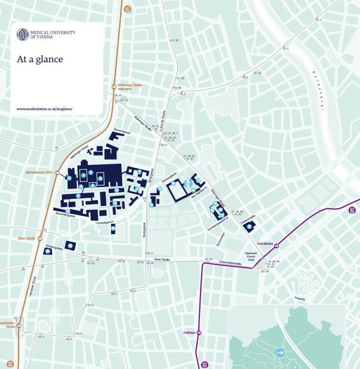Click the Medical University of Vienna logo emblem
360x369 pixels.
(23, 34)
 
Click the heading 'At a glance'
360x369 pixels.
(40, 59)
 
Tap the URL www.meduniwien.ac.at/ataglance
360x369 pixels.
(45, 109)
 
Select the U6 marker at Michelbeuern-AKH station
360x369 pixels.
(57, 173)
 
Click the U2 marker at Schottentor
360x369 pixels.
(276, 246)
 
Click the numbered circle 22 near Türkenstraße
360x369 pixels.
(250, 226)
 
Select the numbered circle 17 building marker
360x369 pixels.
(199, 181)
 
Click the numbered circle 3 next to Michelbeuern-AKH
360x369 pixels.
(69, 178)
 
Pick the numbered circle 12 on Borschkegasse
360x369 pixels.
(68, 211)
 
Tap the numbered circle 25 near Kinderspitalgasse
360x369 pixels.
(48, 251)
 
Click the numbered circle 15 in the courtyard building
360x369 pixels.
(174, 184)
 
